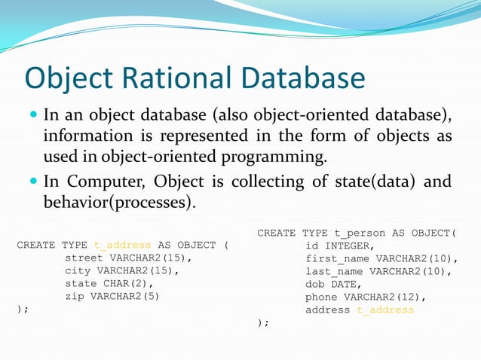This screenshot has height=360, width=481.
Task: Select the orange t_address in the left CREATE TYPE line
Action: click(x=123, y=246)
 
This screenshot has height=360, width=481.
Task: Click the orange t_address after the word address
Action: click(x=385, y=310)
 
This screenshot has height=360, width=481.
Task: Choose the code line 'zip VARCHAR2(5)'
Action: click(x=112, y=296)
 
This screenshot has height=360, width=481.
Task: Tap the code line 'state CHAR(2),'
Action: click(x=109, y=284)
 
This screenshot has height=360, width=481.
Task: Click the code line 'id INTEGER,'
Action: click(x=339, y=246)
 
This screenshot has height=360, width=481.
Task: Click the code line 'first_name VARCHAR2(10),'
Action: click(x=381, y=258)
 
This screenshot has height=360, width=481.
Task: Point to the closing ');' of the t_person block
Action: click(x=263, y=322)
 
